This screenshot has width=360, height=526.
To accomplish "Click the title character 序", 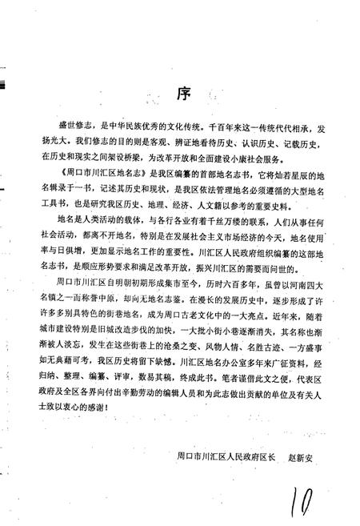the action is pos(182,91).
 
